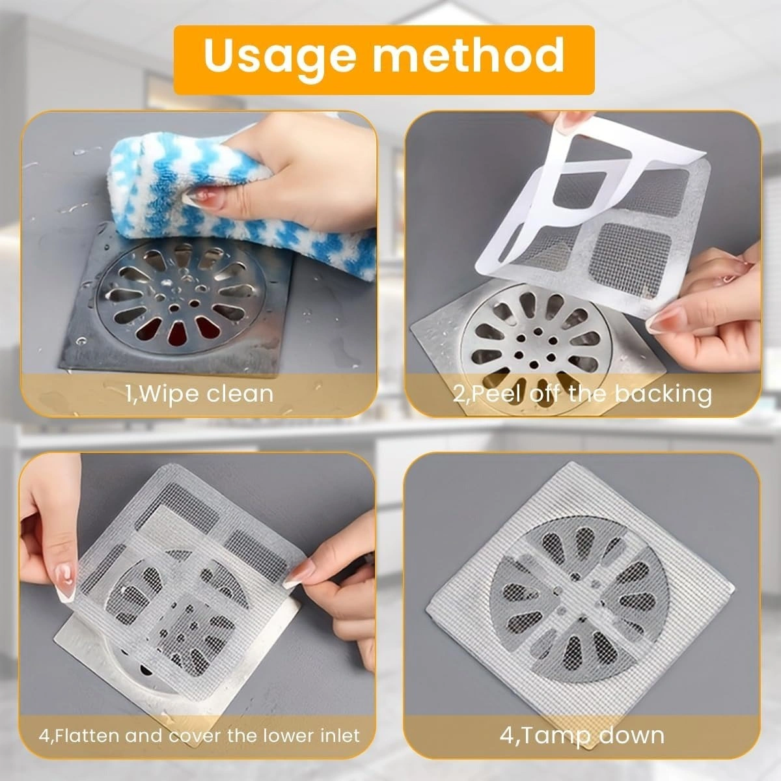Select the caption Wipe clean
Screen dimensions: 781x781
click(x=199, y=393)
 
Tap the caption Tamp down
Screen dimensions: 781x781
click(x=581, y=735)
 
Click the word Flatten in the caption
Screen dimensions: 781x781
click(x=87, y=737)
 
